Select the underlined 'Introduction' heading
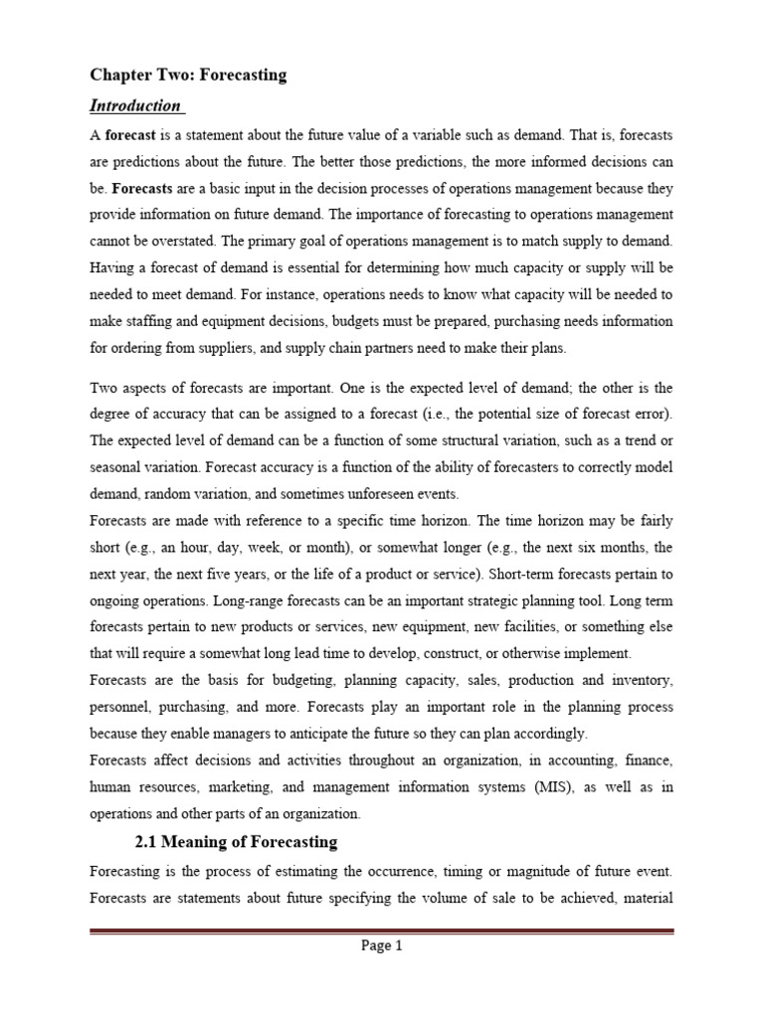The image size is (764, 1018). [x=135, y=105]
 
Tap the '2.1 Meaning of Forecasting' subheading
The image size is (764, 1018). [x=236, y=842]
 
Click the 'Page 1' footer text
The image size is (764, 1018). [x=381, y=946]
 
